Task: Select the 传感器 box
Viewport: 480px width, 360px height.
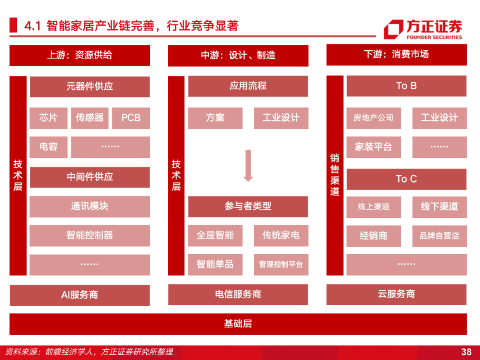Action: click(x=90, y=118)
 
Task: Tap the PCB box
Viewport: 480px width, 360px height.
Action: click(x=131, y=118)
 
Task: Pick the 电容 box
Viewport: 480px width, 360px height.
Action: click(x=48, y=147)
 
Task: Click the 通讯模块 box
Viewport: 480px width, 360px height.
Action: click(x=90, y=206)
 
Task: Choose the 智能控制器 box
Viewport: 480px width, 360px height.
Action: click(x=90, y=235)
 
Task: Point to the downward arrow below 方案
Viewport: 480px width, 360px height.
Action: click(x=248, y=165)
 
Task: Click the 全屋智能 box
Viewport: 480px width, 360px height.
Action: click(x=215, y=235)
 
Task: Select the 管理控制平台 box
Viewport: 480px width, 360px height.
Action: click(x=281, y=264)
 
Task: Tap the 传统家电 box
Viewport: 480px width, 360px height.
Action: click(x=281, y=235)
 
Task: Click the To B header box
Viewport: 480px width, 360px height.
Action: click(x=406, y=86)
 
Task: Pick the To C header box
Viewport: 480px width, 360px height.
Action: click(x=406, y=179)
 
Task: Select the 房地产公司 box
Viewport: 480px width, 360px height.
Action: click(x=373, y=118)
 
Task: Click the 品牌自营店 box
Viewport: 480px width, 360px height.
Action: click(x=439, y=236)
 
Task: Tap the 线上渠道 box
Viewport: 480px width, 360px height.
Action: click(x=373, y=207)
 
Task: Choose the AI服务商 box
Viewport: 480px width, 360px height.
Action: click(x=80, y=295)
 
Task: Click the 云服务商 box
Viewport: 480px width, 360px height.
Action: click(x=396, y=294)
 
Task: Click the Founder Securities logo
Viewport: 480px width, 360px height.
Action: click(x=423, y=29)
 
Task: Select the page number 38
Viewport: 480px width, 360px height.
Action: click(x=466, y=352)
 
